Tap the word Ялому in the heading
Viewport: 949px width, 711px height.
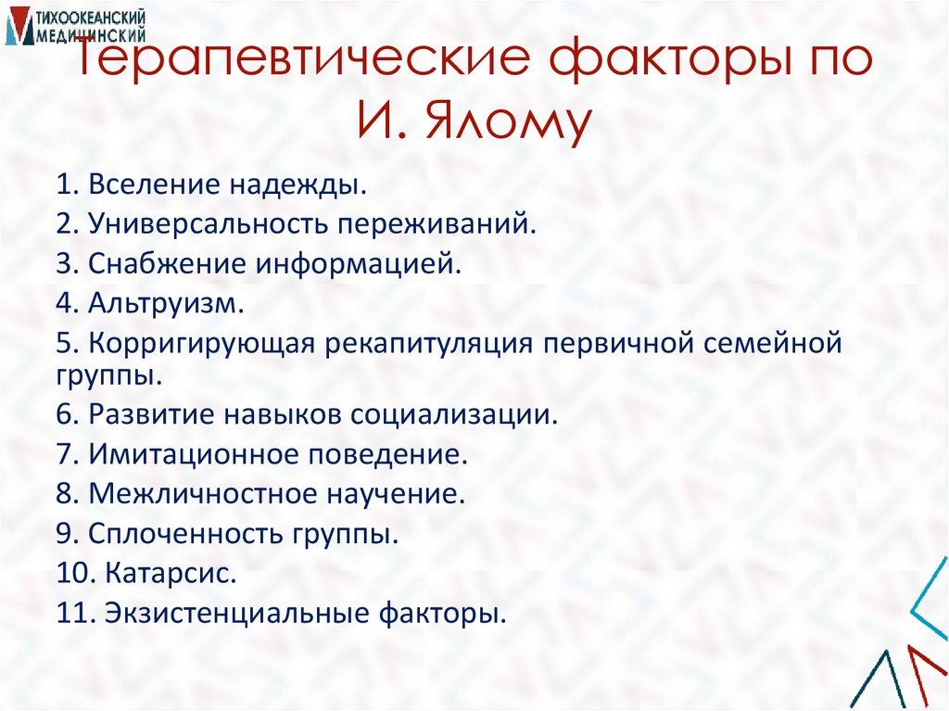point(504,125)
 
